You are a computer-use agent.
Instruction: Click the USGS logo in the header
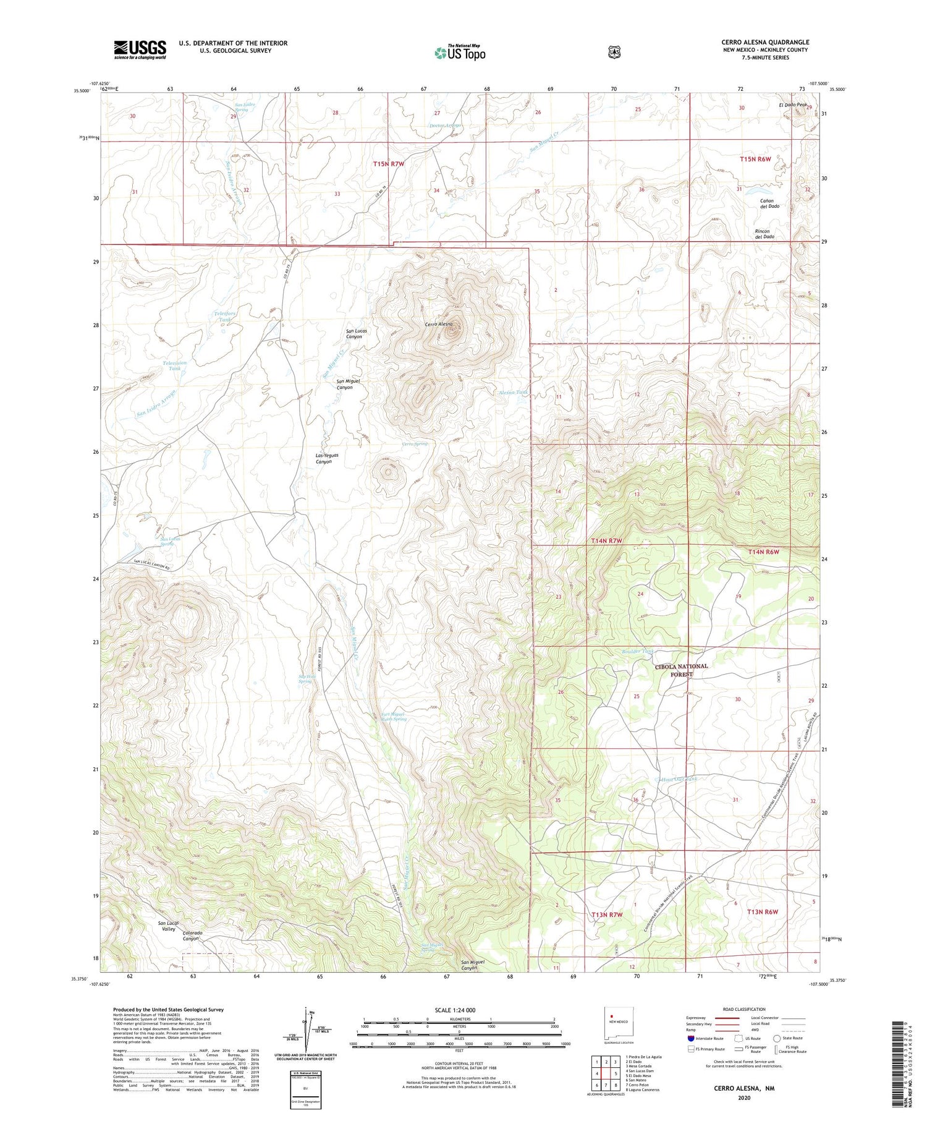tap(140, 49)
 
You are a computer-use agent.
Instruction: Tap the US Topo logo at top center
tap(460, 53)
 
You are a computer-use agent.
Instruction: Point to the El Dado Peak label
tap(793, 105)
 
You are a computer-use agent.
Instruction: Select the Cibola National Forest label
tap(681, 670)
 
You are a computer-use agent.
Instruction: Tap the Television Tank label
tap(174, 365)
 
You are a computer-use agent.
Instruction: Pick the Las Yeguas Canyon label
tap(327, 458)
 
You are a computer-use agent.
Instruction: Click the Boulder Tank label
tap(637, 651)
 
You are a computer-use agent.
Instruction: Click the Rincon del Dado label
tap(764, 234)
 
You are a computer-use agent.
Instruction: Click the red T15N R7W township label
tap(389, 164)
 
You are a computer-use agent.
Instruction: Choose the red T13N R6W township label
tap(761, 911)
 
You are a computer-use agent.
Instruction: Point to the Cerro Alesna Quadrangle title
tap(764, 42)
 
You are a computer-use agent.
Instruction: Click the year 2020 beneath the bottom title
tap(743, 1098)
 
